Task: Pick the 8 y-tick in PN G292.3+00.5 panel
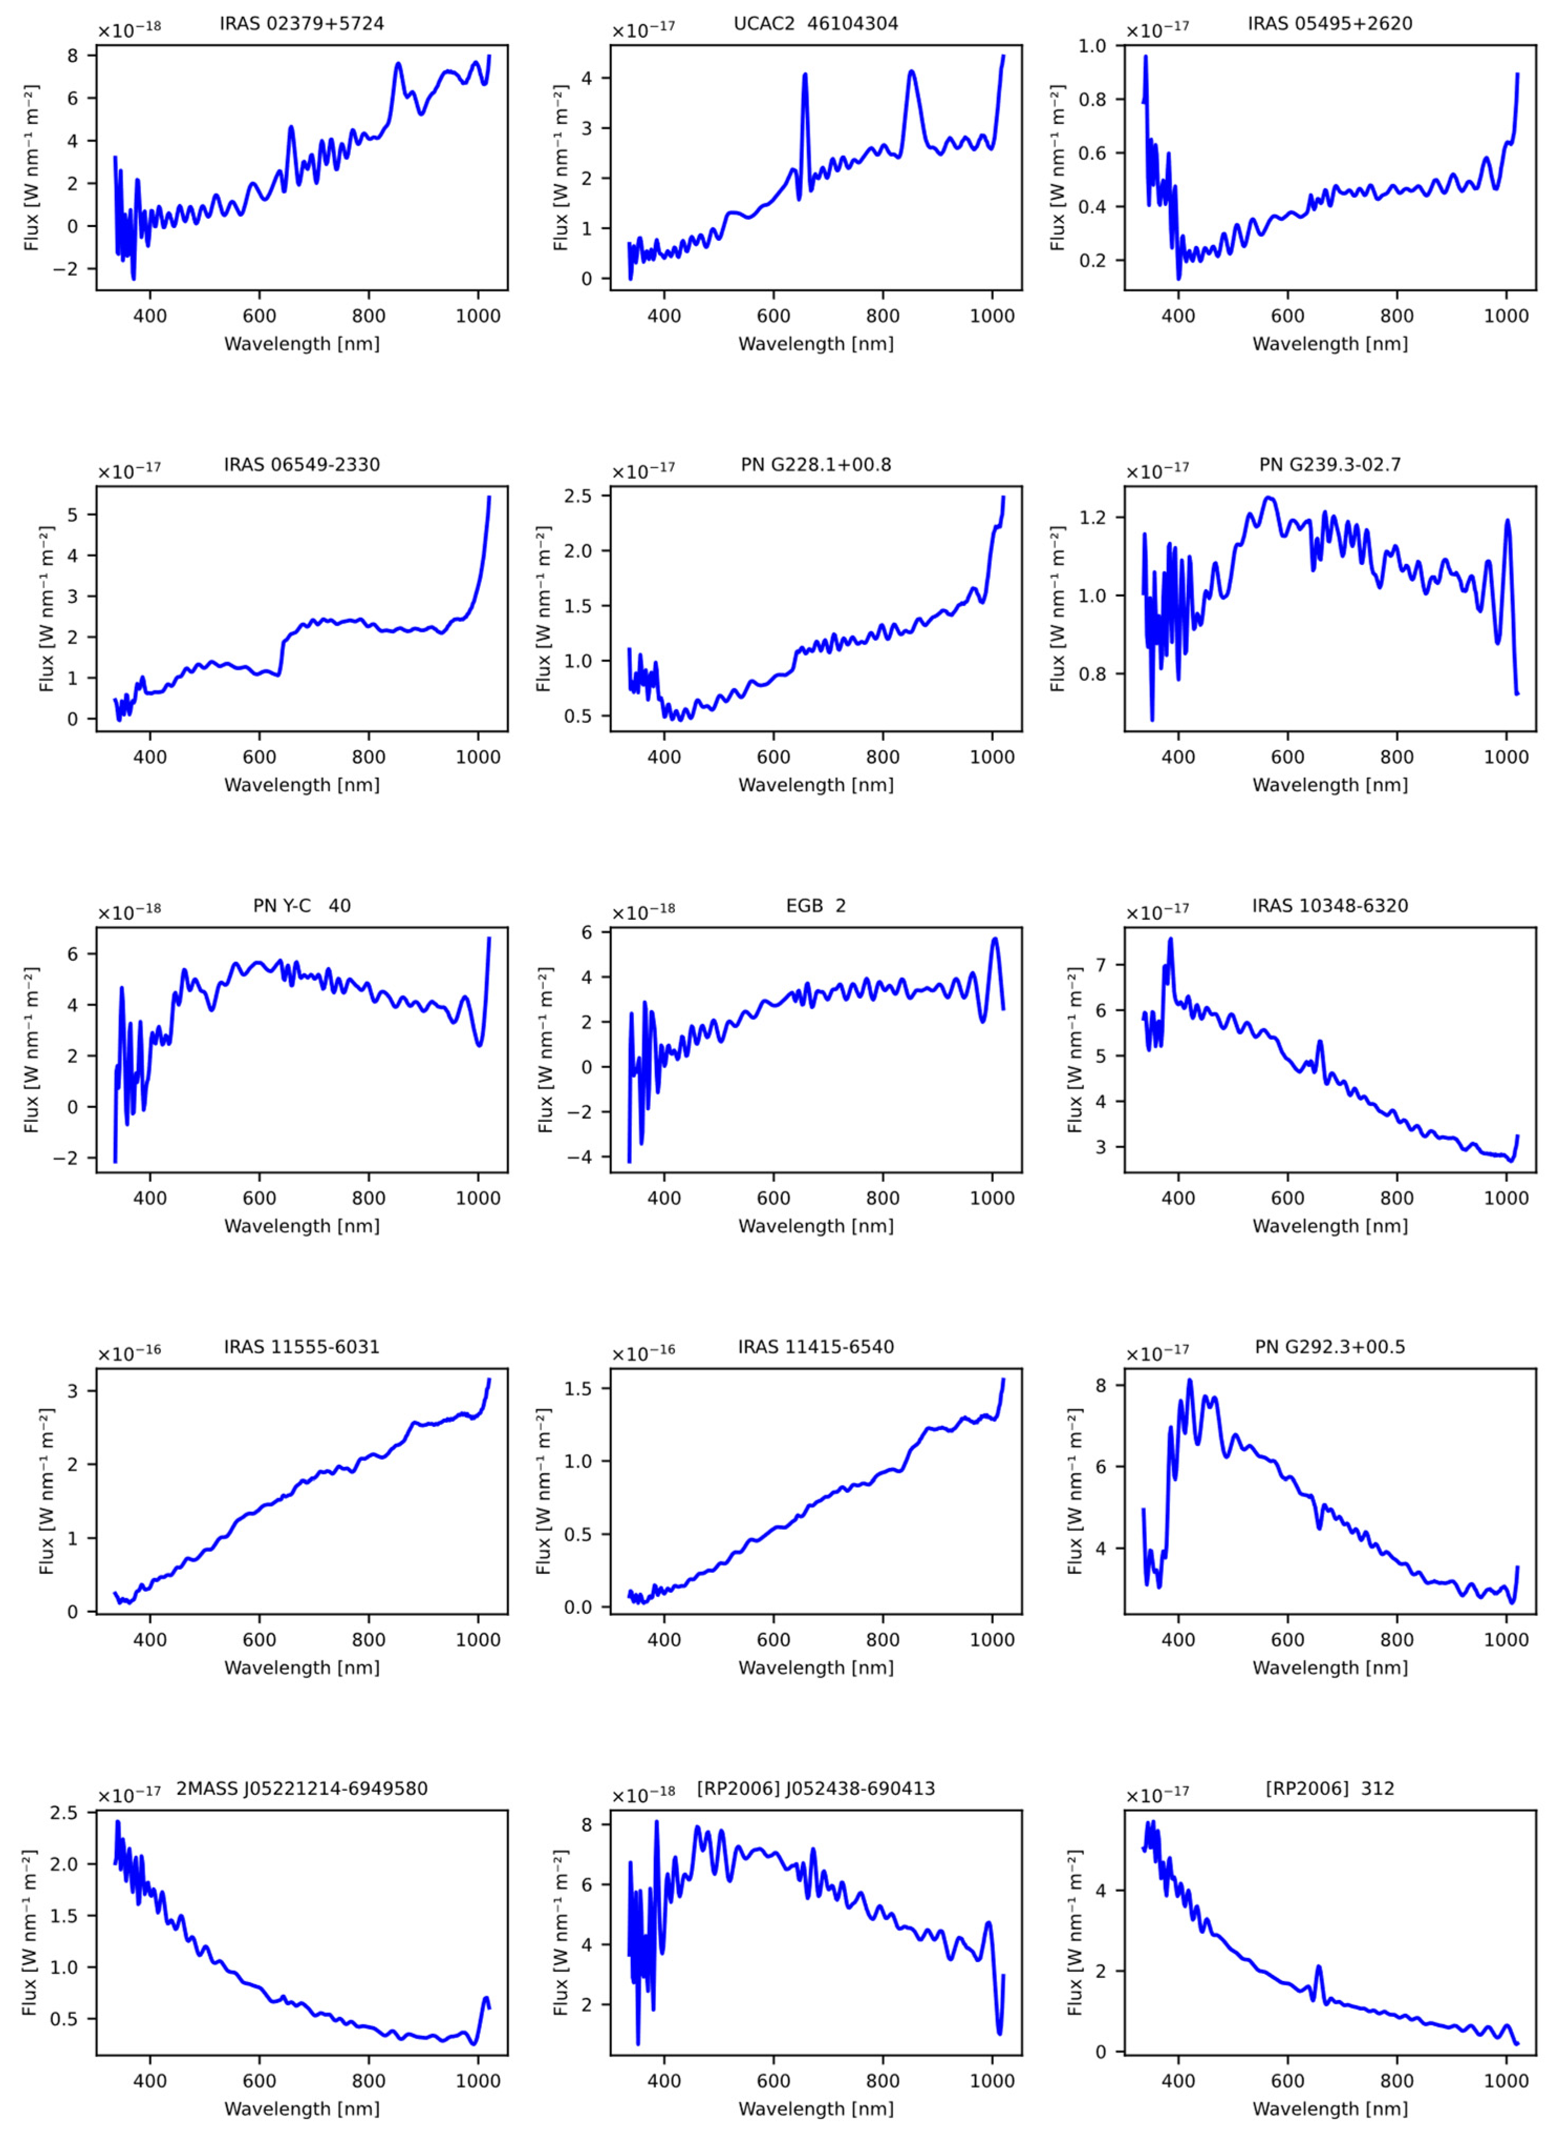pos(1108,1385)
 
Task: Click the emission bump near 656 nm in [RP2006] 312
pos(1318,1967)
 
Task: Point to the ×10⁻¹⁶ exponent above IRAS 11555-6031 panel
pos(130,1351)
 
